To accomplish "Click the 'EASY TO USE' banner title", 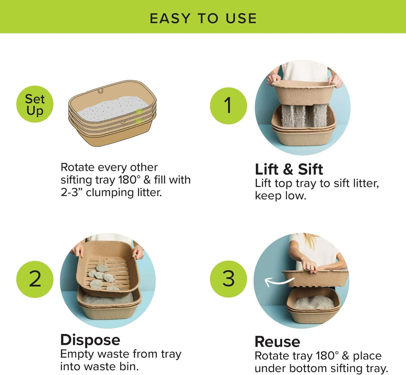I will [203, 18].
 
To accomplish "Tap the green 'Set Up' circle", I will [35, 105].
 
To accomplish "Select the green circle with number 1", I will [228, 105].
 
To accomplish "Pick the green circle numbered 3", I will [228, 278].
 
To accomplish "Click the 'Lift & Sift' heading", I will [289, 169].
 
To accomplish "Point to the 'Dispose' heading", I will [90, 340].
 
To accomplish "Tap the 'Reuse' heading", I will [277, 341].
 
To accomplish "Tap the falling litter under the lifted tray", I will [304, 116].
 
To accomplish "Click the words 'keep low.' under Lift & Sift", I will [281, 196].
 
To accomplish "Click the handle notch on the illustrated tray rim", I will [101, 91].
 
